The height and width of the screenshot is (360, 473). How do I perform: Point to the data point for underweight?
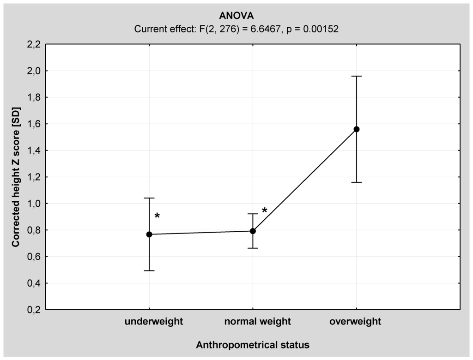click(x=149, y=234)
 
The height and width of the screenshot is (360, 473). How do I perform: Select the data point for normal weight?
click(x=253, y=231)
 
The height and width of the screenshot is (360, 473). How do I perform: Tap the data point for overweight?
click(x=356, y=129)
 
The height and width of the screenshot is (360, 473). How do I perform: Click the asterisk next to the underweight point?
click(x=157, y=216)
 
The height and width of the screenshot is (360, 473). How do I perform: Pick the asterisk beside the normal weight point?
click(x=265, y=211)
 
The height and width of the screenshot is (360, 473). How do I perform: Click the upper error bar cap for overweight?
click(x=356, y=76)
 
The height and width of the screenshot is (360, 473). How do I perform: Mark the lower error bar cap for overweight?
click(x=356, y=182)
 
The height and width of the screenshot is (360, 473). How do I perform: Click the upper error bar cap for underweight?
click(x=149, y=198)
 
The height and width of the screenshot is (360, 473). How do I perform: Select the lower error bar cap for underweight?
click(x=149, y=270)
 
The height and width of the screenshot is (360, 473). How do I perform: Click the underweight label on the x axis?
click(x=153, y=322)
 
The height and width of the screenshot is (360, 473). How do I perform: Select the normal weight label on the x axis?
click(x=257, y=322)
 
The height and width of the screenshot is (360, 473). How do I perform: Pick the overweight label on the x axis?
click(x=355, y=322)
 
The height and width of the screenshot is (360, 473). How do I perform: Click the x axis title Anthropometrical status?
click(x=252, y=345)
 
